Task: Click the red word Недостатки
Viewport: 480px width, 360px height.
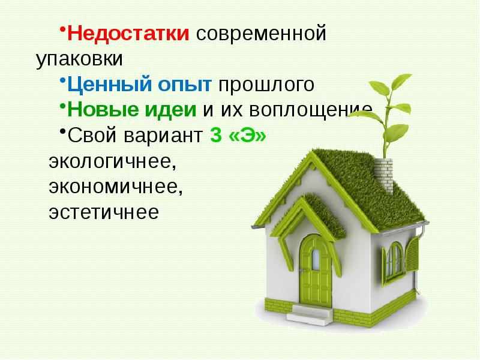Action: pos(128,34)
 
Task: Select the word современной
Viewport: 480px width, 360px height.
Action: pos(260,34)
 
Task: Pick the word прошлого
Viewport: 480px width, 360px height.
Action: pos(266,85)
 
